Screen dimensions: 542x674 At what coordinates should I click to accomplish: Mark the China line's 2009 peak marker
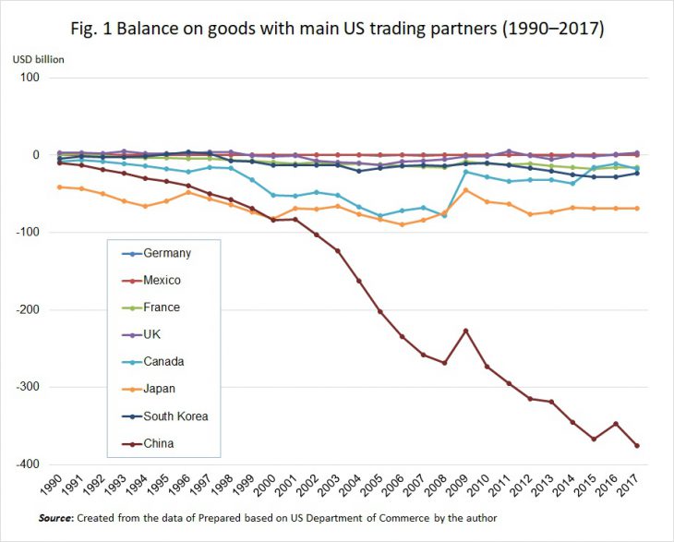click(x=466, y=331)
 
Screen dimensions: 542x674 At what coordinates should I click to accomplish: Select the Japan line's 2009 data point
click(x=466, y=190)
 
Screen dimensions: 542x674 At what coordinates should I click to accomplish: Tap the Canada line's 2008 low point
click(x=445, y=214)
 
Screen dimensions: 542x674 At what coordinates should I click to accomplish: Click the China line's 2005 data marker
click(x=380, y=311)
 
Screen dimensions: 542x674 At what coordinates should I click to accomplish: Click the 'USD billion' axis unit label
click(x=38, y=60)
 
